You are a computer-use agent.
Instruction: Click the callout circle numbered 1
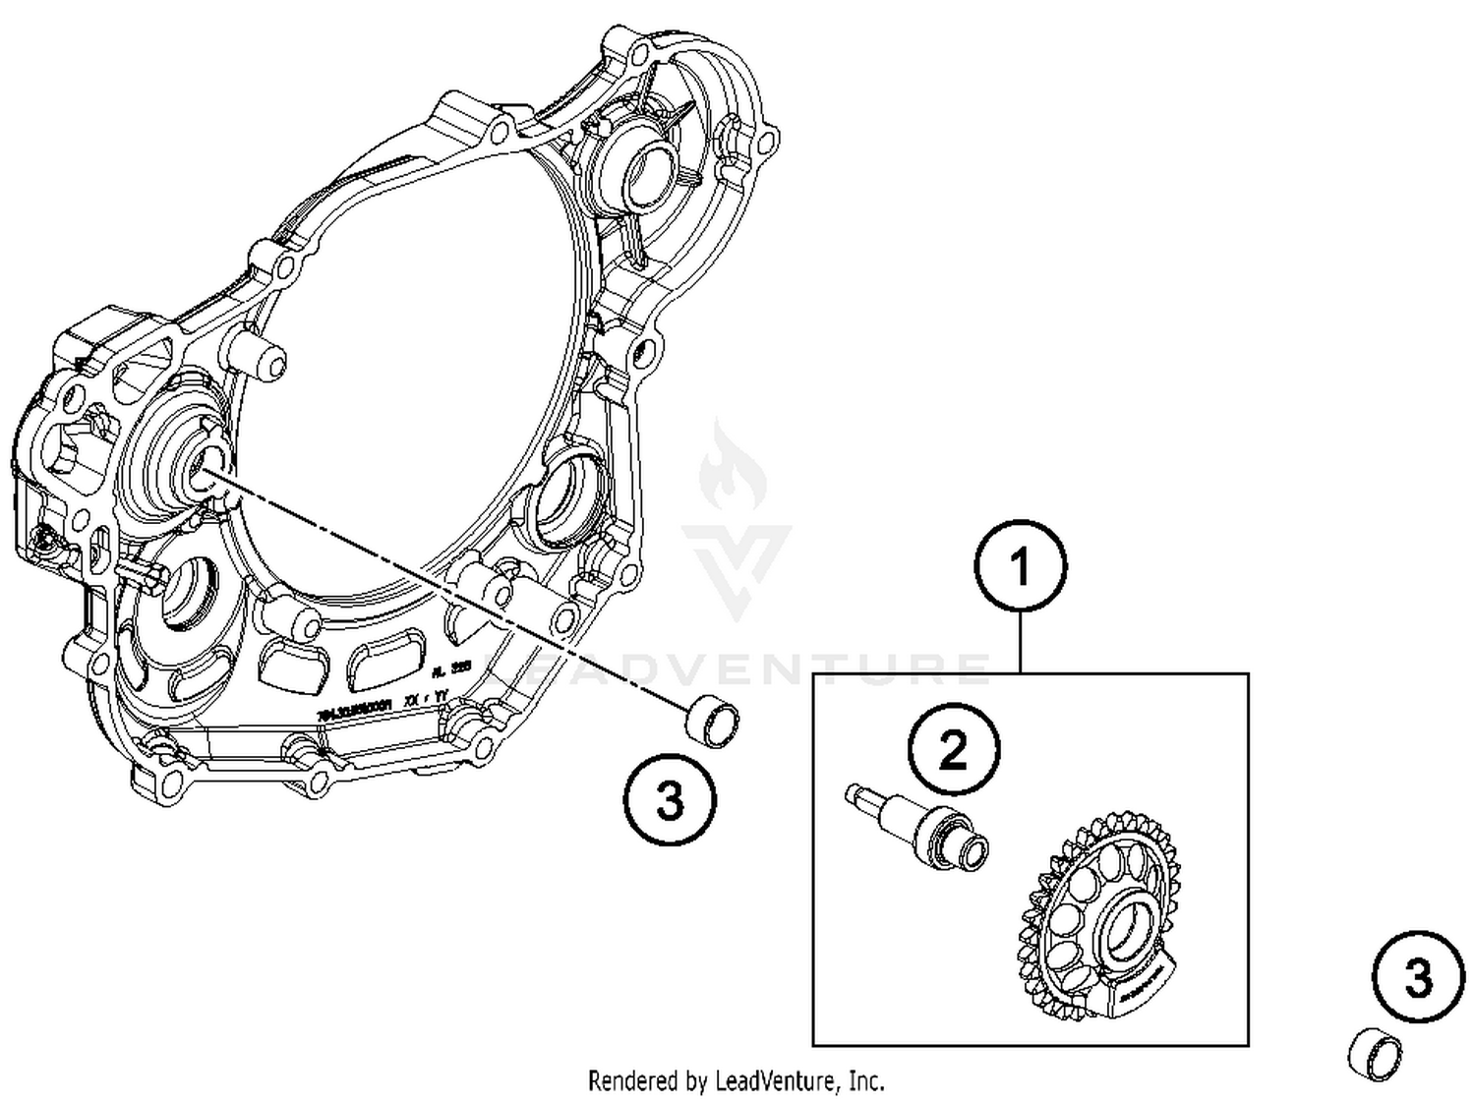(1020, 567)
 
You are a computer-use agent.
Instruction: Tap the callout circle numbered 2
(953, 749)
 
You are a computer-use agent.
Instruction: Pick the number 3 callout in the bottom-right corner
(1418, 978)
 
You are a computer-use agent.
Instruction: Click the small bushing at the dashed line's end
(713, 722)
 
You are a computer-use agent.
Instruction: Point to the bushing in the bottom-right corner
(1373, 1055)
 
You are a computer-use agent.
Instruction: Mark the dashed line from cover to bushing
(442, 590)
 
